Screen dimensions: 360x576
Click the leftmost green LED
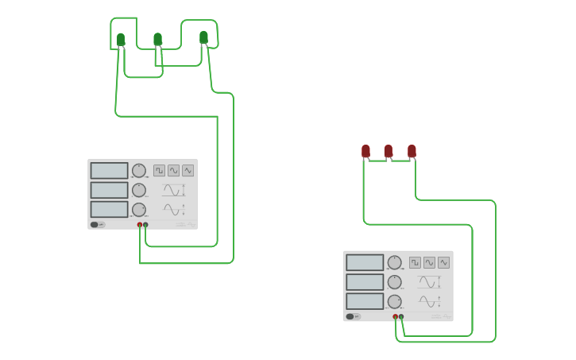121,39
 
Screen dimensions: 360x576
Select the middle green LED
157,39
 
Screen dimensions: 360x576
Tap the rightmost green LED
203,37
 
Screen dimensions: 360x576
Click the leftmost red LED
366,150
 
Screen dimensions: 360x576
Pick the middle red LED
389,150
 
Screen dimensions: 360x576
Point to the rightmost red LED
412,150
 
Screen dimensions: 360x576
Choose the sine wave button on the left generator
173,170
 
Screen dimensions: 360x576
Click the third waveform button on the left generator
187,170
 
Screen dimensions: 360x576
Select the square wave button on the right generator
415,262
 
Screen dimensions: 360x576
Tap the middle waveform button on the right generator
429,262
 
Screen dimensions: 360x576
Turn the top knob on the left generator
139,171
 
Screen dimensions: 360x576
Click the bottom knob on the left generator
139,210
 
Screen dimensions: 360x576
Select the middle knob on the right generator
395,282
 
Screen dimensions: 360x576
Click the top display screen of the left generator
109,171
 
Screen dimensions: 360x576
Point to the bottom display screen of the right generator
365,301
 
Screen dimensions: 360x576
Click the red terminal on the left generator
140,225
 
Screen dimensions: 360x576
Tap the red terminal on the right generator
395,316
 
